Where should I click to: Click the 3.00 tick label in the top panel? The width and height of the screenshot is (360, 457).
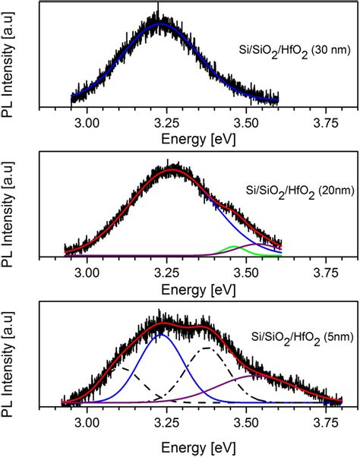88,122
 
